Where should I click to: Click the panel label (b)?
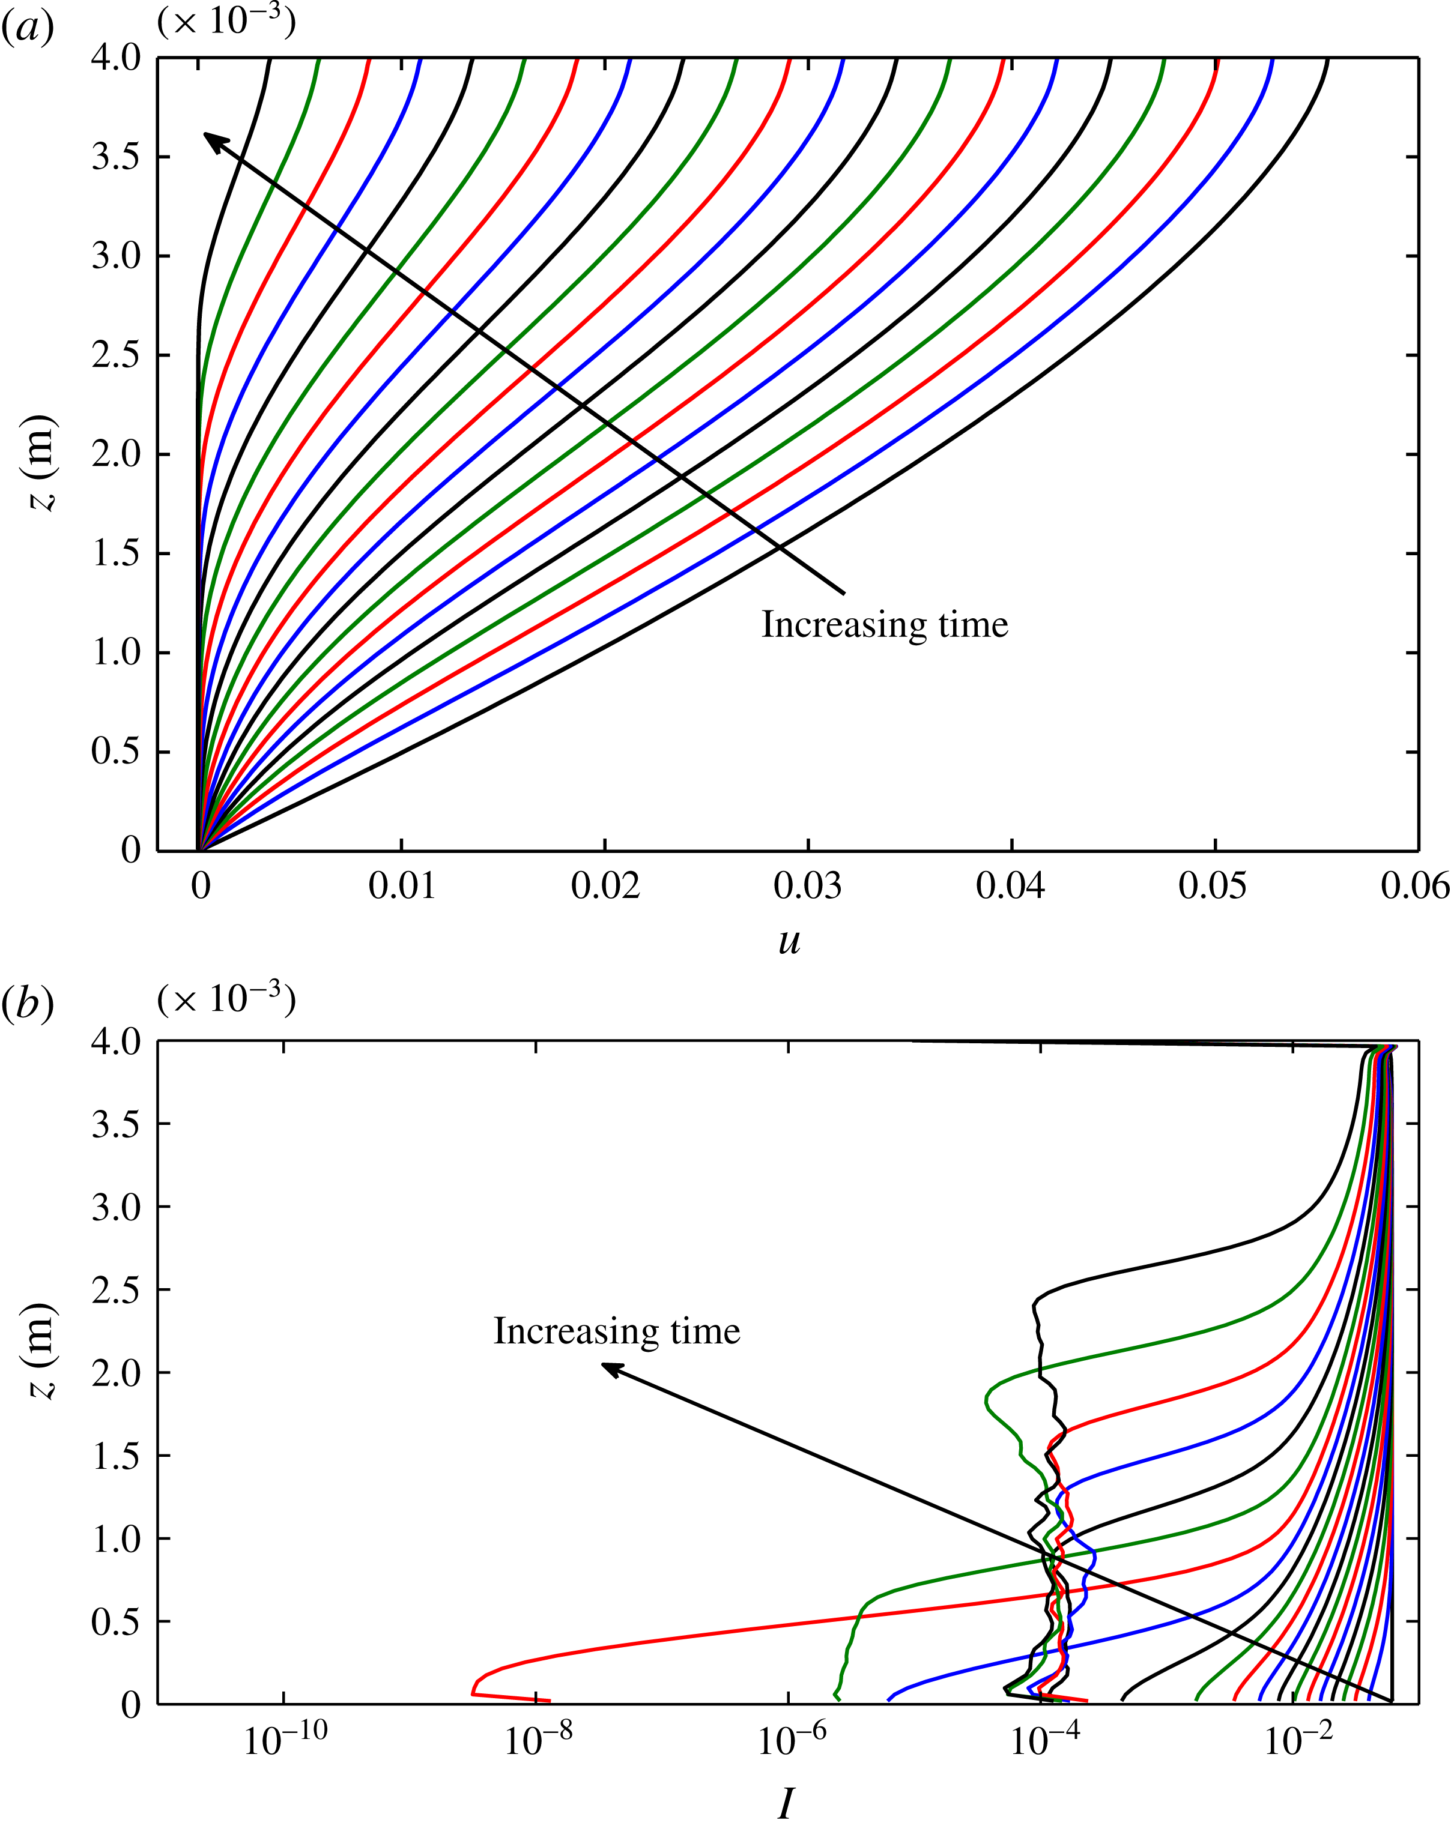pos(28,1004)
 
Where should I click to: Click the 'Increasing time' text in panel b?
pos(617,1331)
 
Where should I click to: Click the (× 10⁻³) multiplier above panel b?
pos(226,1000)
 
